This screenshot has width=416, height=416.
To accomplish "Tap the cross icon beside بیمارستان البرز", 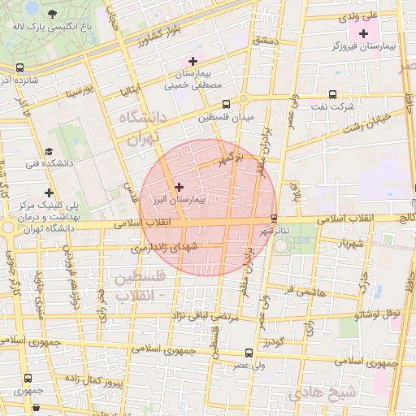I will coord(179,187).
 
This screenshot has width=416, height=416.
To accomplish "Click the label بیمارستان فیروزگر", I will coord(362,47).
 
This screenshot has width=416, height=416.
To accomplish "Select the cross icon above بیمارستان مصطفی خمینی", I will coord(193,61).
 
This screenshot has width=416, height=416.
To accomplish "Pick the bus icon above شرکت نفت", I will coord(332,94).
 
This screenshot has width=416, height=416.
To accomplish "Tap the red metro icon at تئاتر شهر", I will coord(273,219).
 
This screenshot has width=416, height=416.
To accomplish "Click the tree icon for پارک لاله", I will coord(54,14).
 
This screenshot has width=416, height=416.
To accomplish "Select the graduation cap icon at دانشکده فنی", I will coord(50,151).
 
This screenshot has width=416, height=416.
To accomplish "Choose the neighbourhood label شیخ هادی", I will coord(334,392).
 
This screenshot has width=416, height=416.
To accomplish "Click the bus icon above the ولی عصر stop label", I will coord(249,353).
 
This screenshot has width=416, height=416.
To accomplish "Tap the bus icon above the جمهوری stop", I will coord(28,378).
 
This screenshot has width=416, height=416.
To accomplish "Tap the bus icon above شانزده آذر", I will coord(19,68).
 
